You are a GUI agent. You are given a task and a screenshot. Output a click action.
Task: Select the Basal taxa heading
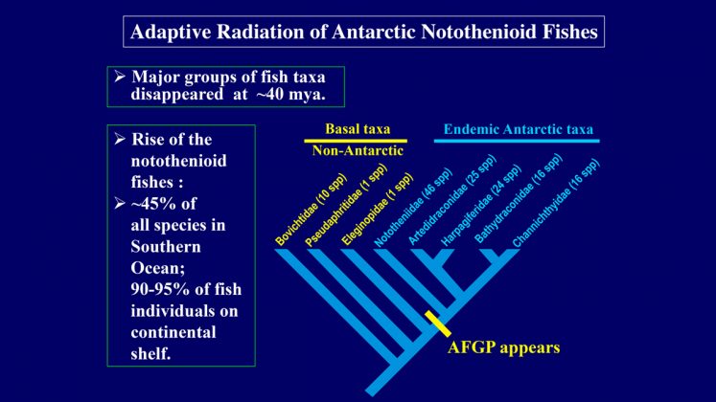click(x=358, y=129)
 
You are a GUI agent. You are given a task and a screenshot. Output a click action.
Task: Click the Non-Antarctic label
click(x=358, y=150)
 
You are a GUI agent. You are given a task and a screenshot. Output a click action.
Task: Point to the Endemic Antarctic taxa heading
click(x=519, y=129)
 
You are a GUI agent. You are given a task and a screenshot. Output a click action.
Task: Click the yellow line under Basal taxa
click(x=356, y=141)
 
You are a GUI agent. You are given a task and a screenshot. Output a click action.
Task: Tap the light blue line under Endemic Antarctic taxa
click(x=517, y=141)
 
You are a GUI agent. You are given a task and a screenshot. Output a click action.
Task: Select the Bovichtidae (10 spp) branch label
click(x=311, y=211)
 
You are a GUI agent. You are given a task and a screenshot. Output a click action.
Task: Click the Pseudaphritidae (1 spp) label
click(x=346, y=206)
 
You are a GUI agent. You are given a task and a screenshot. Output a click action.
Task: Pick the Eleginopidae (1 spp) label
click(x=377, y=210)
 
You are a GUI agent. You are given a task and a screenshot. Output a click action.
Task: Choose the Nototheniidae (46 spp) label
click(x=413, y=208)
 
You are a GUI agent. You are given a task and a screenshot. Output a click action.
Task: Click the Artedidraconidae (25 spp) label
click(x=451, y=201)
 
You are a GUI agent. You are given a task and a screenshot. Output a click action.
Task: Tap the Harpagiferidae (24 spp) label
click(x=480, y=206)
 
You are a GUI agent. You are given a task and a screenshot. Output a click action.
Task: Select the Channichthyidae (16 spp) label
click(x=556, y=203)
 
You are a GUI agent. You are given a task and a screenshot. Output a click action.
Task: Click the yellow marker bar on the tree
click(x=438, y=324)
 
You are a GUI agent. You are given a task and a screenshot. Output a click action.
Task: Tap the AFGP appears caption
click(x=503, y=347)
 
